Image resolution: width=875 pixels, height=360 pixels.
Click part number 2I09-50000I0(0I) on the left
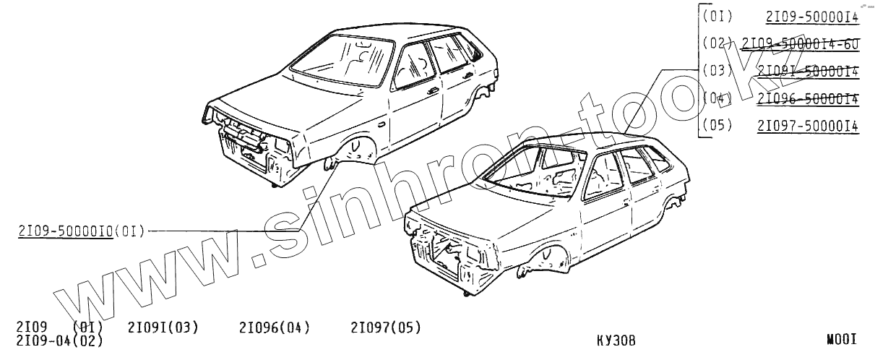81,231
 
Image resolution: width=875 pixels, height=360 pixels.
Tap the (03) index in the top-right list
717,71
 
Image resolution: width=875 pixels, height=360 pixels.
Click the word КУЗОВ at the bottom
617,340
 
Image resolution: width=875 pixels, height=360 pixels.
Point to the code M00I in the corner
842,339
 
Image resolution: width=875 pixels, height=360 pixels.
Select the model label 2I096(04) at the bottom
274,328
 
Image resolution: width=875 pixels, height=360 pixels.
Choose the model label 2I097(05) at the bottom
385,328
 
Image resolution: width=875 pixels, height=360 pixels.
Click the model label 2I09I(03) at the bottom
163,328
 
